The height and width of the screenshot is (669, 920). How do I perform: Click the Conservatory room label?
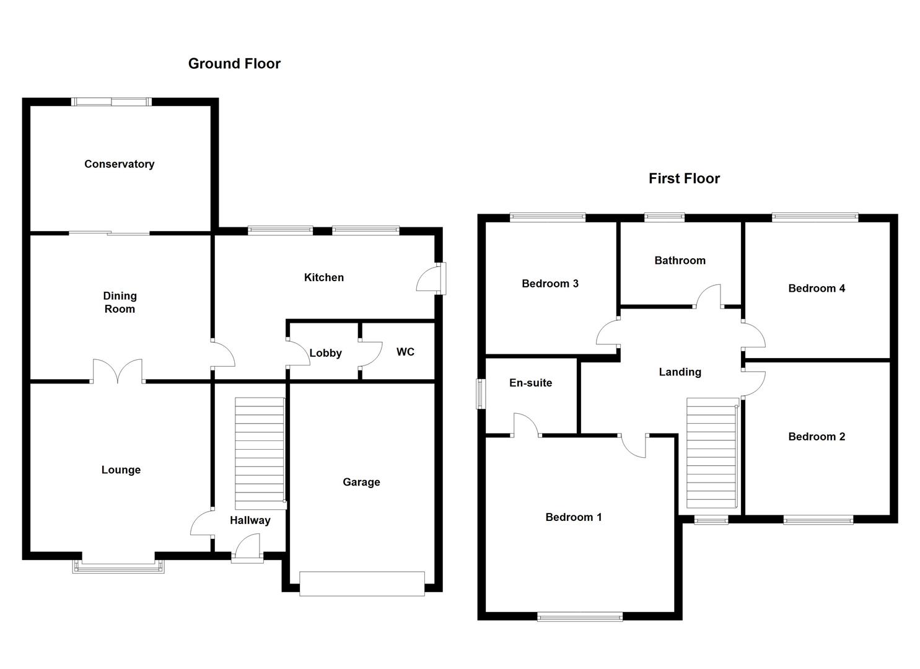click(x=119, y=164)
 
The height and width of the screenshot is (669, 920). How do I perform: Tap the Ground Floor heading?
click(x=234, y=64)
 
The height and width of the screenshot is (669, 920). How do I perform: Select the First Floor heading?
click(x=684, y=178)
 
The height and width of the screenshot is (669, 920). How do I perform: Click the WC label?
click(x=405, y=352)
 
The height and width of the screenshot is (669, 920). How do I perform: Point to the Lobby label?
click(x=325, y=353)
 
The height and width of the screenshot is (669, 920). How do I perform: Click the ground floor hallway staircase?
click(x=260, y=453)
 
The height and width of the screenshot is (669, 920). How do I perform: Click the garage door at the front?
click(x=362, y=584)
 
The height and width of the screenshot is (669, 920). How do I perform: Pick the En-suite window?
click(x=480, y=394)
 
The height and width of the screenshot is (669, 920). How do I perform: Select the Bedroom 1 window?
click(x=579, y=616)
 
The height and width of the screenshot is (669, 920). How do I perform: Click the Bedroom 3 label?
click(x=550, y=284)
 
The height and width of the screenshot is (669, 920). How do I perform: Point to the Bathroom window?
click(x=664, y=217)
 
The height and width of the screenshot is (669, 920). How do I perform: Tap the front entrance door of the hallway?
click(x=247, y=549)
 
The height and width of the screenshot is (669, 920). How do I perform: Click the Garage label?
click(x=361, y=482)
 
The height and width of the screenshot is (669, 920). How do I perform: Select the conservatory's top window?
click(x=111, y=102)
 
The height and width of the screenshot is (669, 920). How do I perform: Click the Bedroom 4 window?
click(x=815, y=217)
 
